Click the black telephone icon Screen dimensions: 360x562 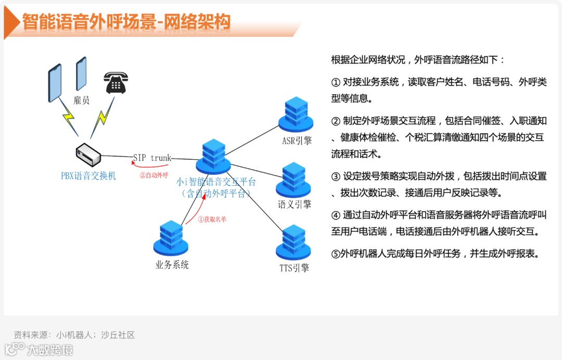[116, 82]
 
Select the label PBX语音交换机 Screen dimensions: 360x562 [88, 176]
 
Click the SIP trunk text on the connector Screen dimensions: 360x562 [152, 158]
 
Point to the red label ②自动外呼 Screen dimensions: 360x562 [154, 175]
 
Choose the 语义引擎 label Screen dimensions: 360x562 [295, 204]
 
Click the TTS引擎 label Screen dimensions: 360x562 [294, 268]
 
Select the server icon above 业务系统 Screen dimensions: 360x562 [170, 238]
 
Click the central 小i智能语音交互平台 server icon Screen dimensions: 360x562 [213, 157]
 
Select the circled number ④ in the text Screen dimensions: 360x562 [336, 215]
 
